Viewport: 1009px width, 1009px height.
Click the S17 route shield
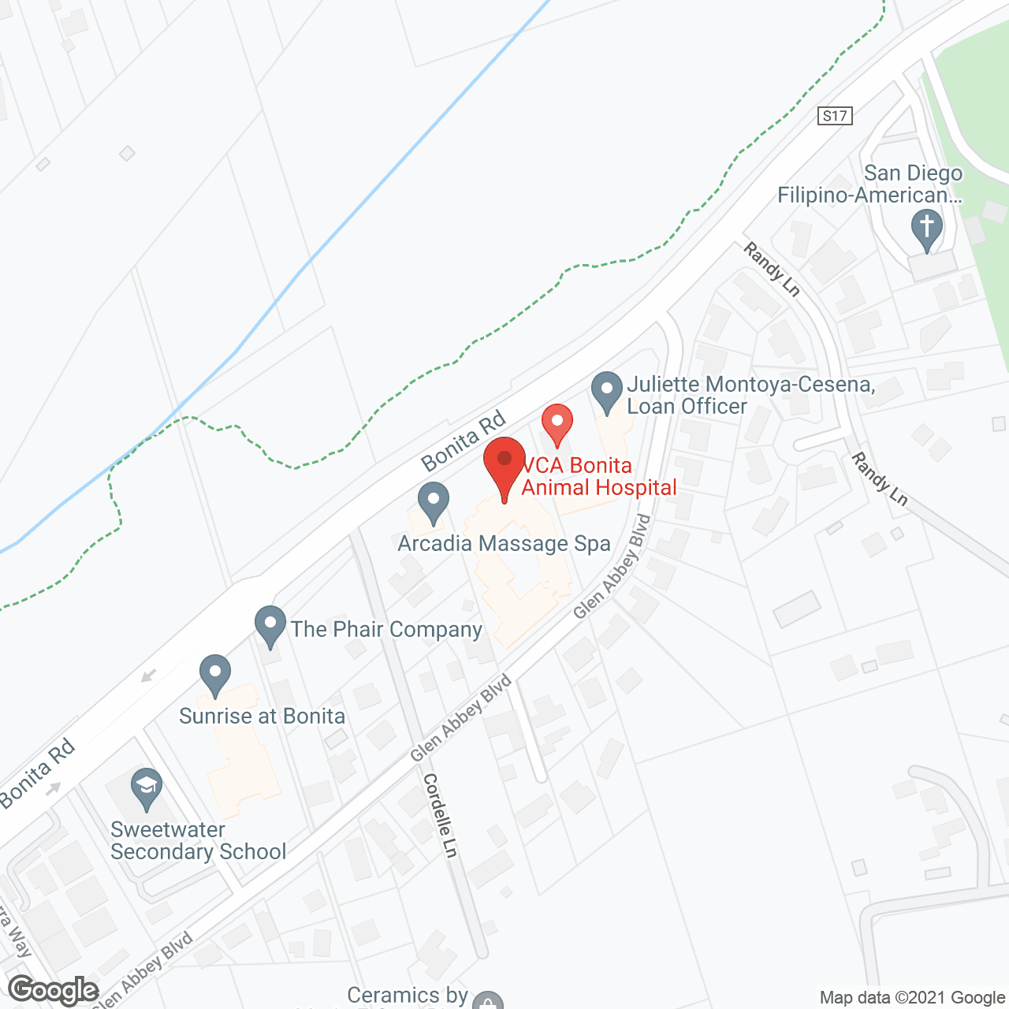[x=835, y=117]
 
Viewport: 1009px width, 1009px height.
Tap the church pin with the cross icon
[x=927, y=228]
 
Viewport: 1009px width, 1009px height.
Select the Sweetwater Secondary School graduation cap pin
[x=146, y=787]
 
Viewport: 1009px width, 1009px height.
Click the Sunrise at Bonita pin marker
[x=214, y=674]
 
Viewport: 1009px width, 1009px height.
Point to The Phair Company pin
[x=270, y=625]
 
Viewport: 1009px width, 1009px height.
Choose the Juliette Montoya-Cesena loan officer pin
[x=606, y=392]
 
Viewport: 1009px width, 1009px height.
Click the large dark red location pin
[x=504, y=465]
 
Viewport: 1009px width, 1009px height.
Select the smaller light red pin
[x=557, y=423]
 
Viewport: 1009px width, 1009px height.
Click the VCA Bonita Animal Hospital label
[x=599, y=477]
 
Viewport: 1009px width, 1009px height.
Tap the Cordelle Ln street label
[x=441, y=816]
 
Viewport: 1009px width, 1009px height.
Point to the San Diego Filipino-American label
[x=870, y=184]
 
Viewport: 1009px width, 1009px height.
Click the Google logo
[x=54, y=990]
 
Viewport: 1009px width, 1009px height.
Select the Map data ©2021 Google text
[x=912, y=998]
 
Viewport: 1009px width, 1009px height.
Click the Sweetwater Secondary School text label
[x=198, y=840]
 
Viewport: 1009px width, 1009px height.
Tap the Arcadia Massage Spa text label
[x=504, y=544]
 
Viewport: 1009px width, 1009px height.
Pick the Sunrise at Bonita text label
[x=262, y=716]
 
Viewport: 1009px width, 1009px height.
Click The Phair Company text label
[x=386, y=629]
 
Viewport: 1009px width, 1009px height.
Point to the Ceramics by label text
[x=408, y=996]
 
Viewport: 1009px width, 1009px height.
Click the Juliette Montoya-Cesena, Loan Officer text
[x=750, y=395]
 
